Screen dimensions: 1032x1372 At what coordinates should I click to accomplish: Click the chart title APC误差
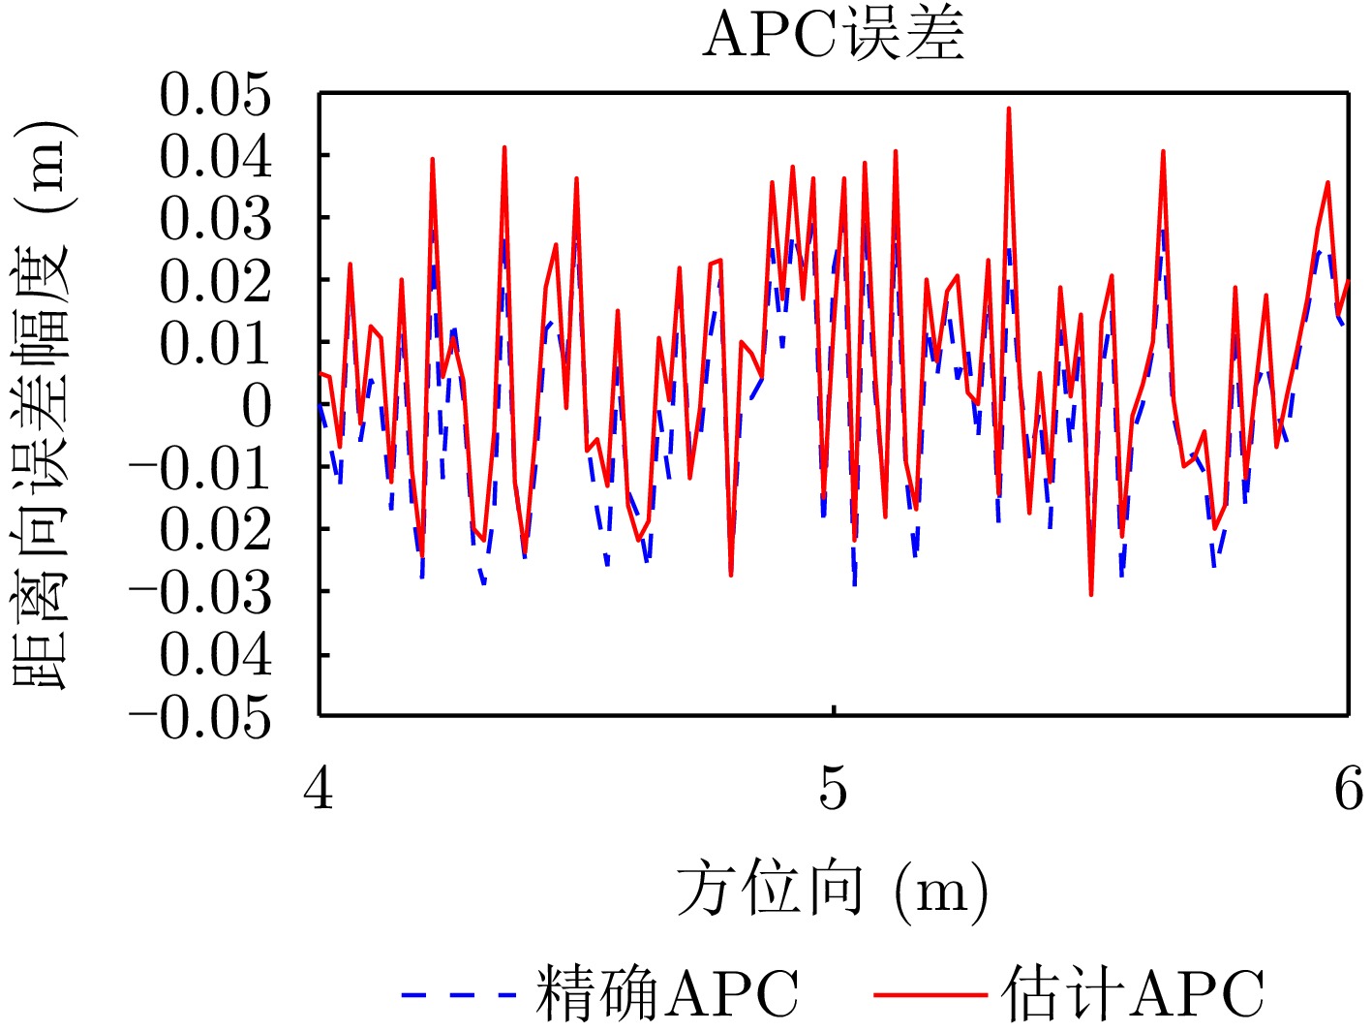pos(833,37)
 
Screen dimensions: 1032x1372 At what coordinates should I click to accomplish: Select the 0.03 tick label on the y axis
pos(216,219)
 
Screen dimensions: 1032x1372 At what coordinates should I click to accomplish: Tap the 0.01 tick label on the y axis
pos(216,344)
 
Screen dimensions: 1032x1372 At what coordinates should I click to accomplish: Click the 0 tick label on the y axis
pos(257,406)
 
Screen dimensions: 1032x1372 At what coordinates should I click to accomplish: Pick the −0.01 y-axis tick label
pos(200,469)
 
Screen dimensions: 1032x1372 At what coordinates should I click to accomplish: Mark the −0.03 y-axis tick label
pos(200,593)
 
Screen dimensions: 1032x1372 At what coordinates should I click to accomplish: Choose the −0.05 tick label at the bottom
pos(200,718)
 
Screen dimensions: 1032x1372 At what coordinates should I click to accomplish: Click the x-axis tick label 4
pos(319,788)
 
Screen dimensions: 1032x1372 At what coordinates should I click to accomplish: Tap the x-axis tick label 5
pos(833,788)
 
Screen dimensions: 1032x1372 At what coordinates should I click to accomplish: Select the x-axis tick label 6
pos(1348,788)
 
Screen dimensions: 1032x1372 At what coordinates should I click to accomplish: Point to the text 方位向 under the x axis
pos(769,889)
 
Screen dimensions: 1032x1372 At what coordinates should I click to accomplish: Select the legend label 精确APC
pos(667,994)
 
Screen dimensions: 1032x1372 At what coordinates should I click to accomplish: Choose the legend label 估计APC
pos(1133,994)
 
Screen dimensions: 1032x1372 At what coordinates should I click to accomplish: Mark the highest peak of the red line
pos(1008,109)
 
